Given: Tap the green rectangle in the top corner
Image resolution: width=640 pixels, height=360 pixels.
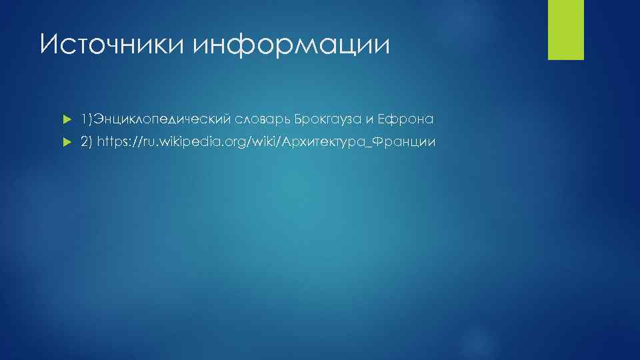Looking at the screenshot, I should [565, 29].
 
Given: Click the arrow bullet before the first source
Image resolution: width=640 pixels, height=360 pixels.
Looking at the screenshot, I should [65, 120].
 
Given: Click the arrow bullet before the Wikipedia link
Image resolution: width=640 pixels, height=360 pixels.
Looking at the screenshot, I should [65, 142].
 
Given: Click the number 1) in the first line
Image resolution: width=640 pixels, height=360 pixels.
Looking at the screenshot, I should [86, 120].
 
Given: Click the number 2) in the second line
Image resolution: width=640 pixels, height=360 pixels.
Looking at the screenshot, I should [87, 142].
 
